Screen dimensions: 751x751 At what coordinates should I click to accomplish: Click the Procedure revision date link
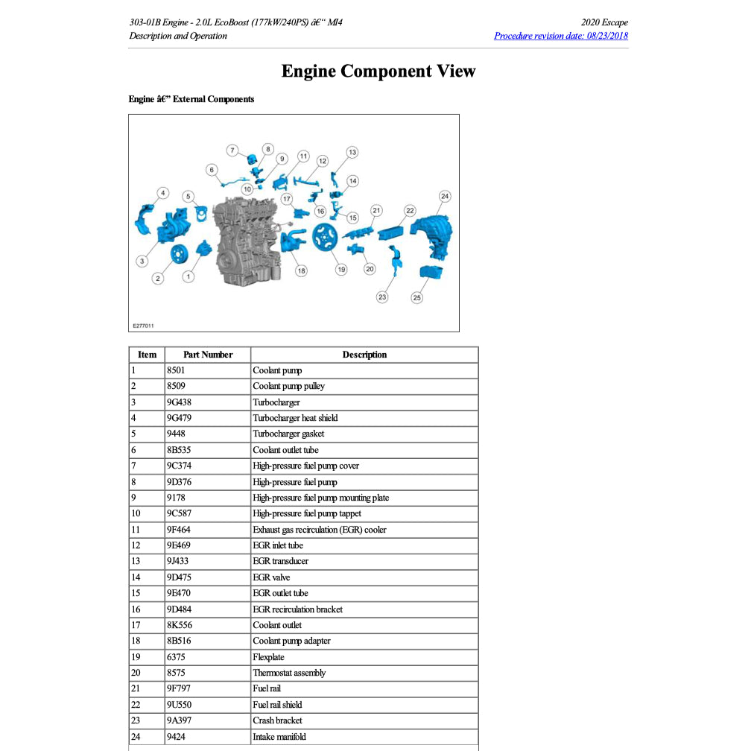560,36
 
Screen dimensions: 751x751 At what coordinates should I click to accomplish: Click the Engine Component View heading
378,72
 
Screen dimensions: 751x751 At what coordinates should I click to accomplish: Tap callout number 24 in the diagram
445,197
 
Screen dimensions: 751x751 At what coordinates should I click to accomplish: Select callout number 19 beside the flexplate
341,270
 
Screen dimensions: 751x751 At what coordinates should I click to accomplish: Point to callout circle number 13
352,152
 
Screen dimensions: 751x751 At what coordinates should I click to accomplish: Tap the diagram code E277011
143,326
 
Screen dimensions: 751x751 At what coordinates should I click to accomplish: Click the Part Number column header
208,355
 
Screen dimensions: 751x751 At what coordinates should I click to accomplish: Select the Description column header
364,355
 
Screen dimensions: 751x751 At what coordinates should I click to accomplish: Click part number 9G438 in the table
180,402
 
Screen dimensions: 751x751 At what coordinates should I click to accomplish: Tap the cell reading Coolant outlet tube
285,450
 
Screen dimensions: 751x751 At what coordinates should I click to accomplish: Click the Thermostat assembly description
289,673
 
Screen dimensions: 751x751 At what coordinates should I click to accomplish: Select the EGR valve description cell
271,577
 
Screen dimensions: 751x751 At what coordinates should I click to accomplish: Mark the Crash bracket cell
277,720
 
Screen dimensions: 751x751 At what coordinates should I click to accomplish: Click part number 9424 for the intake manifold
176,737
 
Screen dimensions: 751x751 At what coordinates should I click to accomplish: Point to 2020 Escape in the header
604,22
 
